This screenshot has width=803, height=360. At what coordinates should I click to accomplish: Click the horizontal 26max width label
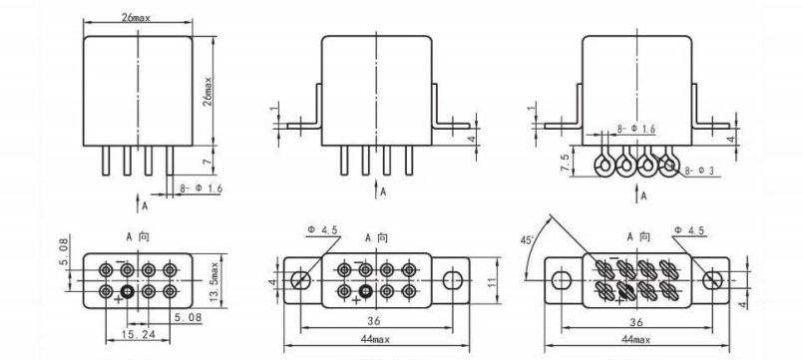[136, 17]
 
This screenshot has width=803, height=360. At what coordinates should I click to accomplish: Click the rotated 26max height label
[207, 92]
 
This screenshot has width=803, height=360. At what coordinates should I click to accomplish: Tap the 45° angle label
[527, 239]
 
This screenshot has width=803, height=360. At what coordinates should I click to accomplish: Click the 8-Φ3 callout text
[699, 171]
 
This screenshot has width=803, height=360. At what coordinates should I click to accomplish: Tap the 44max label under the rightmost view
[635, 339]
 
